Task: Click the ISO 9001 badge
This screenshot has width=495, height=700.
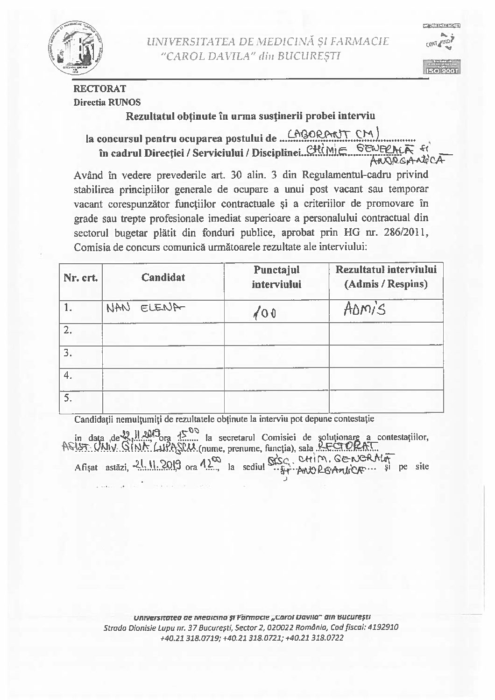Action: point(441,71)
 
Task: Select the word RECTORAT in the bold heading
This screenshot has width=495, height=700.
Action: point(99,88)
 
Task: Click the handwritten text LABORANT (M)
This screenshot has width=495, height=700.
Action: point(334,136)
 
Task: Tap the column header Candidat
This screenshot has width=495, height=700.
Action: point(163,277)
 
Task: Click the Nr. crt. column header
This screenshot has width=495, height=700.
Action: point(80,278)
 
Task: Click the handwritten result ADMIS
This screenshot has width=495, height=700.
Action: point(365,309)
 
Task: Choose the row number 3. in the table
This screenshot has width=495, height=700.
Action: point(68,353)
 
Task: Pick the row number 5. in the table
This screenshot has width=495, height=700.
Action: point(68,398)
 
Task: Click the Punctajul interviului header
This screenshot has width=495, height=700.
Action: point(276,277)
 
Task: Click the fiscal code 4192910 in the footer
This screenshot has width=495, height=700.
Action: point(382,628)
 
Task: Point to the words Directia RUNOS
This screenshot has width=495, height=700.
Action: point(107,102)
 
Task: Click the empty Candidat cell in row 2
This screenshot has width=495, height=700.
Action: point(163,334)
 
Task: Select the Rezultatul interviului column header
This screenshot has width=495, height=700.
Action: point(386,276)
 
